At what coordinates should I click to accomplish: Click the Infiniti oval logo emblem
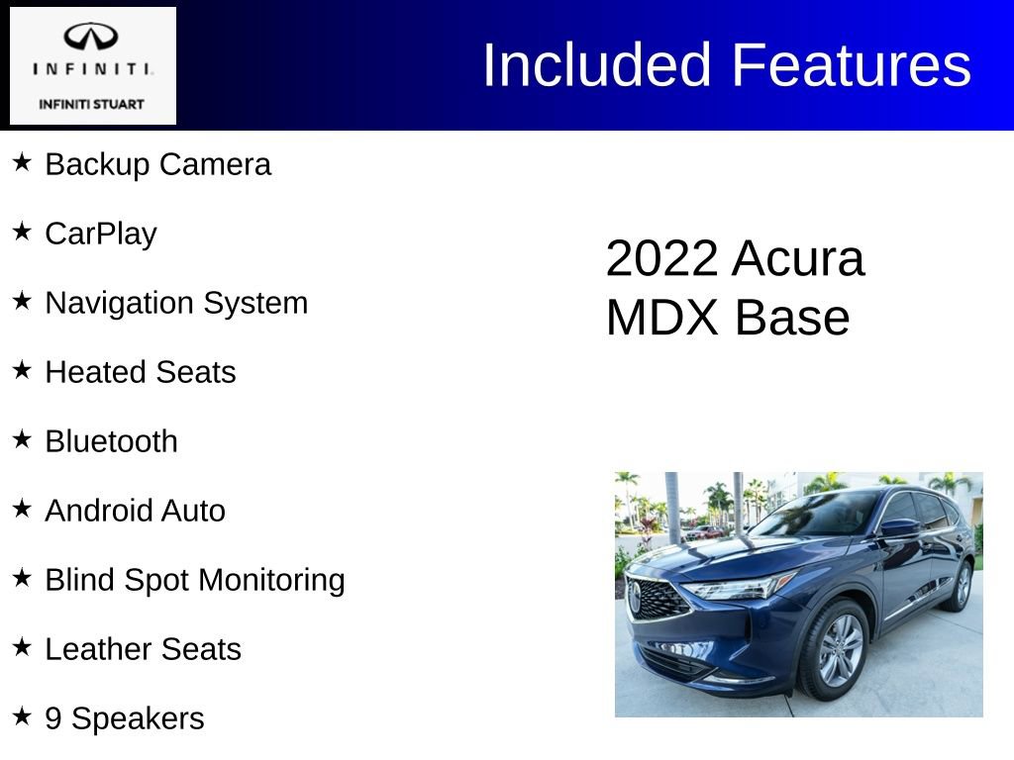click(x=92, y=38)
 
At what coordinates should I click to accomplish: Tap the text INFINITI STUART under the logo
click(x=92, y=104)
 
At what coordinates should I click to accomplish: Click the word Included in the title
click(x=597, y=65)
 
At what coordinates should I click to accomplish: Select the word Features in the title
click(x=852, y=65)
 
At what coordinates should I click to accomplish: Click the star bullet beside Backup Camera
click(x=22, y=161)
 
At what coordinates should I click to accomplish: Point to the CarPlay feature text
click(x=101, y=235)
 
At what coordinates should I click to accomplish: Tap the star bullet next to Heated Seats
click(x=22, y=369)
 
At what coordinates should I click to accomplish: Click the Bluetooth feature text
click(x=111, y=441)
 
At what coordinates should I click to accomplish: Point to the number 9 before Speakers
click(x=53, y=718)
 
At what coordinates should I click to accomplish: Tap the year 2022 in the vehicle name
click(x=660, y=259)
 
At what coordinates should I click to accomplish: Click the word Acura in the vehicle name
click(x=798, y=259)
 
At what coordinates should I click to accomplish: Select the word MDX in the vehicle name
click(x=661, y=319)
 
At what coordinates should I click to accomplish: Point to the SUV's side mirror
click(x=898, y=528)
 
